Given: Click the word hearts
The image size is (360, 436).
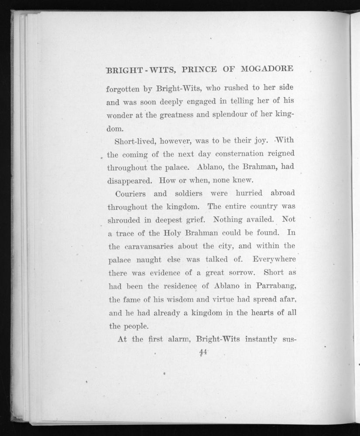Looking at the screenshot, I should [x=259, y=312].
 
